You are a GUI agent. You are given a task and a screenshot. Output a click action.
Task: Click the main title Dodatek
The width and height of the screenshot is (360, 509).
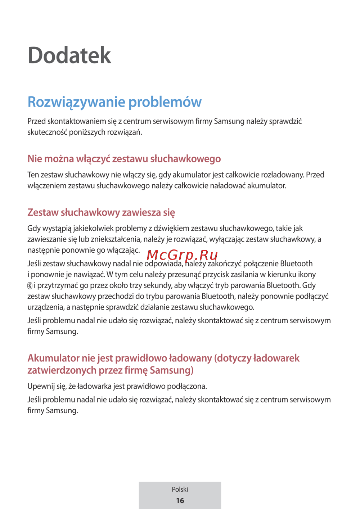tap(69, 55)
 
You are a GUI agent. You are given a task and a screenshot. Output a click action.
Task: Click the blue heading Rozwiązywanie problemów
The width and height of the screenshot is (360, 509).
tap(114, 102)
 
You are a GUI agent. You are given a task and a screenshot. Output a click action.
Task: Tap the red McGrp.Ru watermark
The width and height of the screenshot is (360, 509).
tap(182, 255)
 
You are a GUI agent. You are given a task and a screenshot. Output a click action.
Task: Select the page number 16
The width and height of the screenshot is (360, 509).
tap(180, 500)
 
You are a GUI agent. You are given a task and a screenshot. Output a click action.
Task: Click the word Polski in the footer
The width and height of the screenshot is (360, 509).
tap(180, 489)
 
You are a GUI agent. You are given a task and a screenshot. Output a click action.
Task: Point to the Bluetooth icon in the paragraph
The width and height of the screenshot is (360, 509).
tap(30, 286)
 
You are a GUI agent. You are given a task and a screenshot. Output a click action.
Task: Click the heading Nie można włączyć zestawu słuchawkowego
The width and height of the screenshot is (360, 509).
tap(124, 159)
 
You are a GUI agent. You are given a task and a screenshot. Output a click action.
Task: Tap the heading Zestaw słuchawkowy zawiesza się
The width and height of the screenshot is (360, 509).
tap(101, 212)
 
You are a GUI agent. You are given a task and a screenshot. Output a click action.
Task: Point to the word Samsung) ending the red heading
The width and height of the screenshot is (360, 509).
tap(172, 370)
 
